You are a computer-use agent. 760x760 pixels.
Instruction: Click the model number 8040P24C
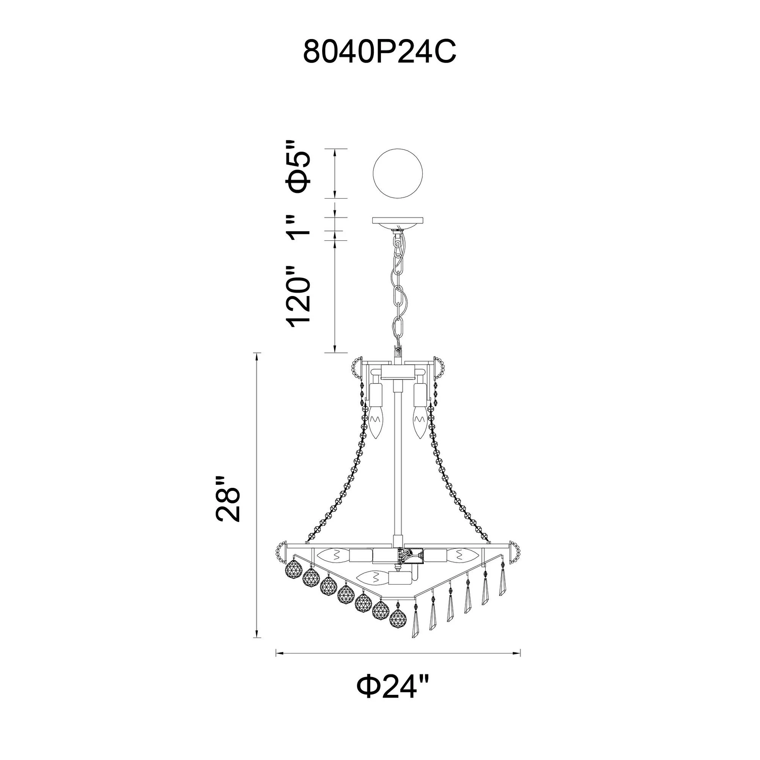point(379,53)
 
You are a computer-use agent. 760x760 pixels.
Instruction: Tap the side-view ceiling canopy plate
point(398,221)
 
